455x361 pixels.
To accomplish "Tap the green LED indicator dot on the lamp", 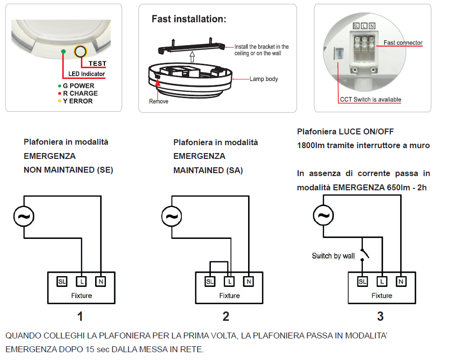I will coord(63,51).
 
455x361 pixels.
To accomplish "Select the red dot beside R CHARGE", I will coord(59,93).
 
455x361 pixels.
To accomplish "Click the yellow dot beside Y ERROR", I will coord(59,101).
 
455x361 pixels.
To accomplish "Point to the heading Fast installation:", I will coord(189,19).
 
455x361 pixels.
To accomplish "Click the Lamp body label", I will coord(264,78).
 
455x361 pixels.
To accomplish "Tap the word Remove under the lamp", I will coord(158,102).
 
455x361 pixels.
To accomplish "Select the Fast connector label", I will coord(403,43).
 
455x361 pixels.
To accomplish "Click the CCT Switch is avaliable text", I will coord(370,100).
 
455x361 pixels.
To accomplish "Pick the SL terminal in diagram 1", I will coord(62,282).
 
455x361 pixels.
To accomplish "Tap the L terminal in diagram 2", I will coord(229,282).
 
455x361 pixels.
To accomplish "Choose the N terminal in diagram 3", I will coord(401,281).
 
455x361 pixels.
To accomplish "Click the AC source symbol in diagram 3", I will coord(323,215).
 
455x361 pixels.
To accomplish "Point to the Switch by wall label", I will coord(333,256).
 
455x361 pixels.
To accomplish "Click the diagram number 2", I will coord(226,316).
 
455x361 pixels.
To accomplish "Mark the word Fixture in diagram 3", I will coord(381,295).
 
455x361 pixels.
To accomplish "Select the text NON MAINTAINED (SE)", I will coord(68,170).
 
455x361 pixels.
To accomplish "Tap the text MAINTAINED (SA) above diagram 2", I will coord(208,170).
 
